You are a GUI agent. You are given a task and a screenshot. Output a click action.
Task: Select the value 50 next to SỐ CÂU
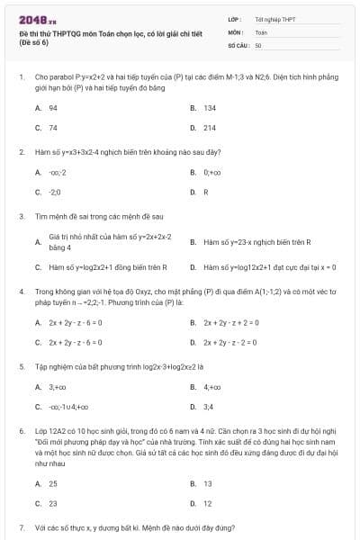point(258,44)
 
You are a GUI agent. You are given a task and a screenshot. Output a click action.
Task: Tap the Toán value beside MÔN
point(261,31)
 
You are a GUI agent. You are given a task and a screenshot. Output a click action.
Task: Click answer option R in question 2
point(205,192)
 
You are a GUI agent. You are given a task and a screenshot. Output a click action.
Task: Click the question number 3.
point(21,217)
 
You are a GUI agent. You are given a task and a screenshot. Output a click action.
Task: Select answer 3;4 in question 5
point(208,407)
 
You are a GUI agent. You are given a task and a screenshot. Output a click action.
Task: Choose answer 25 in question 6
point(53,483)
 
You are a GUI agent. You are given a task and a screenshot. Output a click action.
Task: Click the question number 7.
point(21,528)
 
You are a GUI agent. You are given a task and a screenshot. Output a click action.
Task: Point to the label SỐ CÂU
point(238,44)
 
